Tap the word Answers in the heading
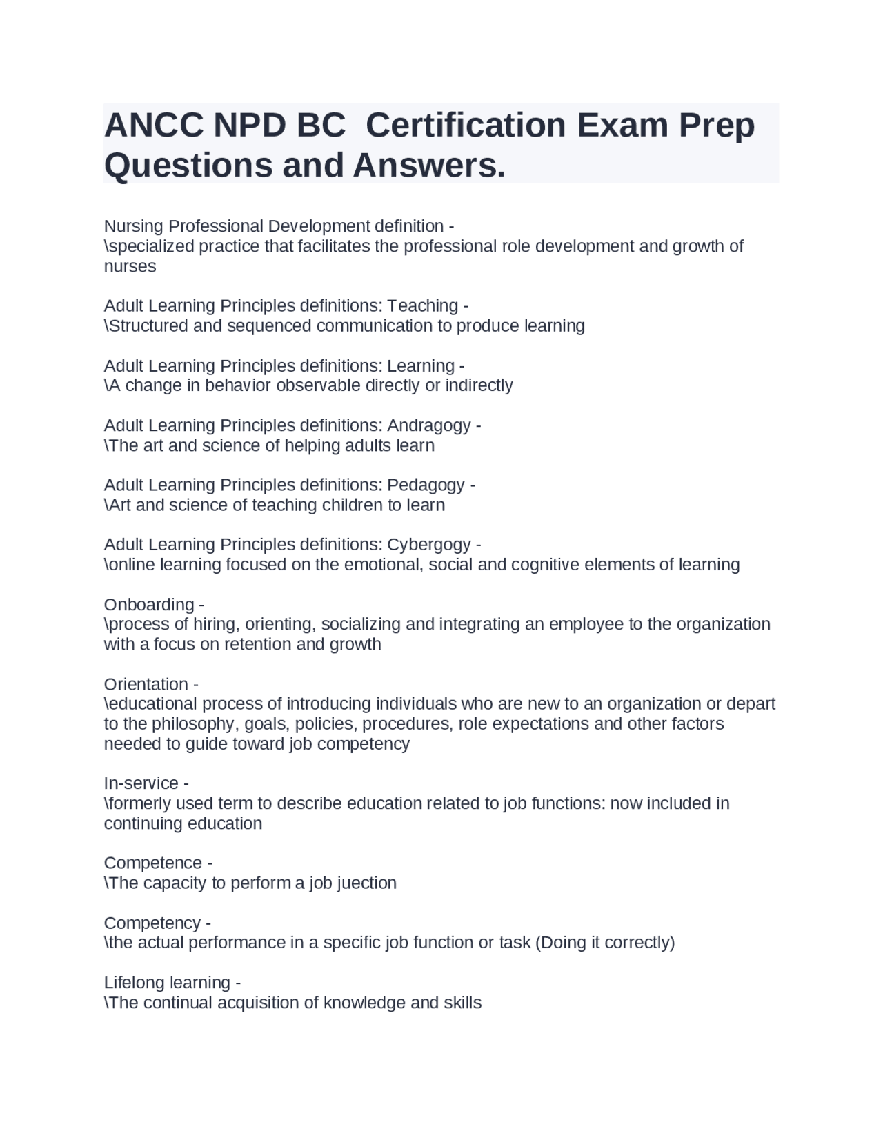tap(428, 166)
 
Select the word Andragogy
tap(428, 425)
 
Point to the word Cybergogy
tap(428, 545)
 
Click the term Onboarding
tap(149, 605)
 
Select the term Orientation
tap(146, 685)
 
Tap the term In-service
tap(141, 784)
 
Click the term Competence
tap(153, 863)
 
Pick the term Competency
tap(152, 923)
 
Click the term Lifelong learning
tap(167, 983)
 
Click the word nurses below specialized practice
tap(130, 267)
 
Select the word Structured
tap(148, 326)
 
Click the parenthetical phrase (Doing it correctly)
tap(604, 943)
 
